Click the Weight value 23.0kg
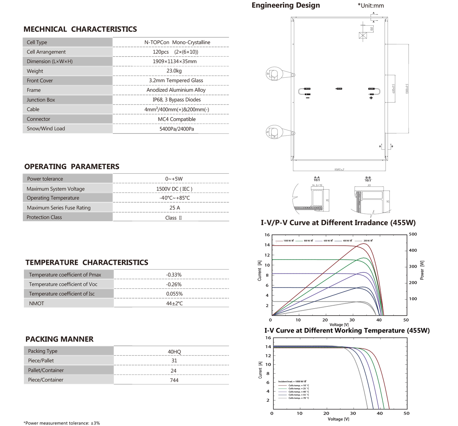tap(174, 71)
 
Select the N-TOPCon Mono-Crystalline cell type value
tap(177, 42)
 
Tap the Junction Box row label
tap(41, 100)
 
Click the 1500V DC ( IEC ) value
tap(174, 189)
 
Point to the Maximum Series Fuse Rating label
tap(59, 208)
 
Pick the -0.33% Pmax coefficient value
tap(174, 275)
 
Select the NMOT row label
tap(36, 303)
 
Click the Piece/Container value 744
tap(174, 380)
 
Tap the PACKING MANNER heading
tap(59, 339)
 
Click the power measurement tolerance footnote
tap(62, 423)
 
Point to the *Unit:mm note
tap(371, 6)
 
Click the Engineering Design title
tap(286, 5)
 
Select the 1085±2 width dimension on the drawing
tap(339, 169)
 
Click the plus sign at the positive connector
tap(371, 98)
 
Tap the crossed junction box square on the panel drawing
tap(363, 35)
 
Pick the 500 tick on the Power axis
tap(413, 234)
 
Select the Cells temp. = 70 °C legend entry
tap(298, 398)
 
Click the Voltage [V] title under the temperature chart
tap(338, 419)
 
